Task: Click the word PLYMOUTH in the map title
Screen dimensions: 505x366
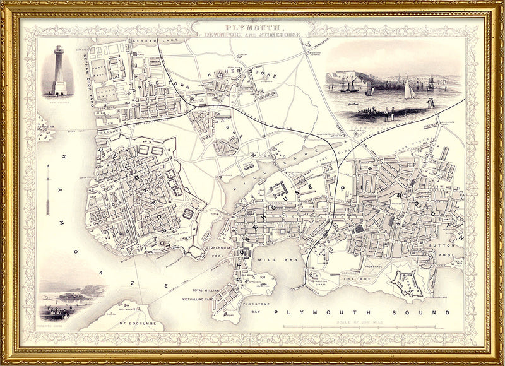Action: (x=252, y=28)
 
